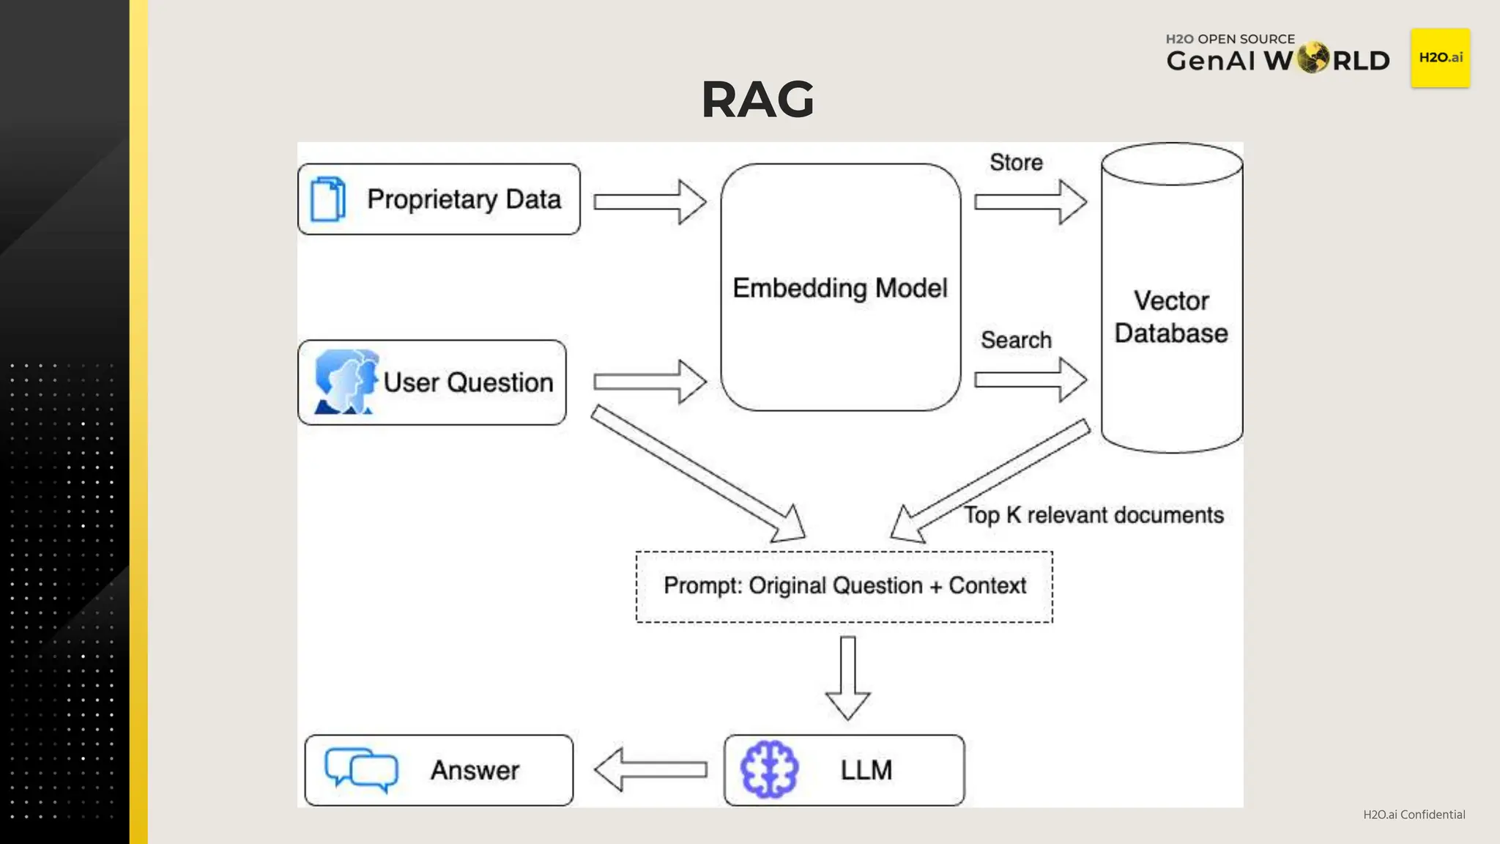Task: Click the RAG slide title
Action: pos(757,100)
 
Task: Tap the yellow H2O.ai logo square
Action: pos(1440,58)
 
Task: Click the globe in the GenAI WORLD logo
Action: pos(1312,59)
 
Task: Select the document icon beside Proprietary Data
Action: pos(327,199)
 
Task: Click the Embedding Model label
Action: pos(840,288)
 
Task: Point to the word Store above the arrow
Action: pos(1016,162)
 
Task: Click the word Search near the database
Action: pos(1016,340)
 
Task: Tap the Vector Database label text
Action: pos(1171,317)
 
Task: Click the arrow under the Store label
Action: pos(1030,201)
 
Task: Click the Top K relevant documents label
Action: pos(1094,515)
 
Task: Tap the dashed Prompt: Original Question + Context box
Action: pos(844,586)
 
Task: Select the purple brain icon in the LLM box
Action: pos(769,769)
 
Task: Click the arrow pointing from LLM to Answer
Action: pos(650,769)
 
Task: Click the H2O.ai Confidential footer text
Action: pos(1414,815)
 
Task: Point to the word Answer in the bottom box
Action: pos(475,770)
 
